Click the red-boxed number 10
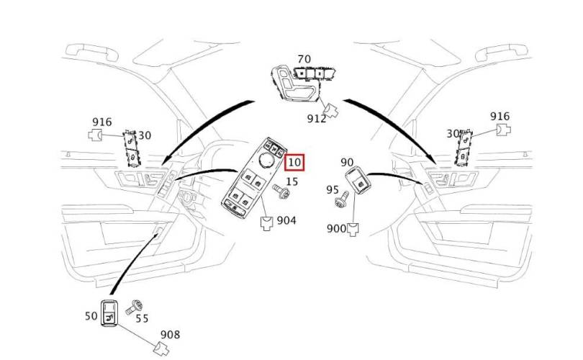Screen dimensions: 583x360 [x=294, y=162]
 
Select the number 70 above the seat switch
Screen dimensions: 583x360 [x=304, y=59]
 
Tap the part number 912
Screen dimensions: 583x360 [x=317, y=118]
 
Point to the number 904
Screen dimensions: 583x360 [x=286, y=220]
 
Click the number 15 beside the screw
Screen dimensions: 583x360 [x=292, y=181]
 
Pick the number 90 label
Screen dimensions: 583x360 [x=347, y=162]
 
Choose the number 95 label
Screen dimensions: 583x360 [x=333, y=190]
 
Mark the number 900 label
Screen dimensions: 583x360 [x=336, y=228]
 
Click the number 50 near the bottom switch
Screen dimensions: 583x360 [x=91, y=316]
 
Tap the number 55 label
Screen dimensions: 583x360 [x=142, y=319]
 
